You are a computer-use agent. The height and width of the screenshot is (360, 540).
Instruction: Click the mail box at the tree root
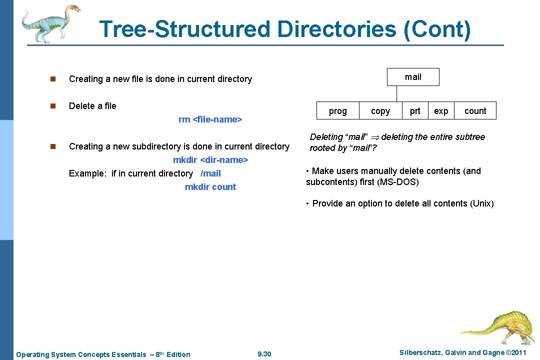413,77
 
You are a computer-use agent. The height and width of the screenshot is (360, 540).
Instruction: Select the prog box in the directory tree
338,111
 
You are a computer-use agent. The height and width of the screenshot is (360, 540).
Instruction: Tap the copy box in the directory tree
380,111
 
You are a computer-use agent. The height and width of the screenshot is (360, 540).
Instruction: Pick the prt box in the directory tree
415,111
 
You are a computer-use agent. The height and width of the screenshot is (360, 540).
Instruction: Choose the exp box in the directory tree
441,111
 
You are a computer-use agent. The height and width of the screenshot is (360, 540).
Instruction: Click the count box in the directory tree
475,111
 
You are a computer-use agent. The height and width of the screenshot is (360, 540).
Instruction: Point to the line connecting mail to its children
396,94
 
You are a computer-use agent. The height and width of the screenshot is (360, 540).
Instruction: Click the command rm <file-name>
210,119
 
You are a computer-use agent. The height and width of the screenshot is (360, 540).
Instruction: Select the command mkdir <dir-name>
210,160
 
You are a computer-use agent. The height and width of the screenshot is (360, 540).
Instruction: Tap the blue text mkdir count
210,187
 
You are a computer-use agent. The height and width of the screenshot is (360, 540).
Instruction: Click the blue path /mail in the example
210,173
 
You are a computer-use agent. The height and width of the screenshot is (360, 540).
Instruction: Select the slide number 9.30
264,354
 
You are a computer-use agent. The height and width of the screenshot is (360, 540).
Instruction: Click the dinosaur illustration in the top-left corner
50,22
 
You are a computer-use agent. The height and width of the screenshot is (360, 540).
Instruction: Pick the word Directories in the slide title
338,29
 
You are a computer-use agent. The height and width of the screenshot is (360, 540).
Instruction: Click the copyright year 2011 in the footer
516,353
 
